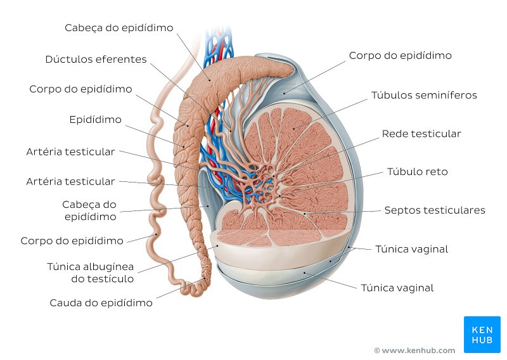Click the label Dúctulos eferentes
tap(96, 59)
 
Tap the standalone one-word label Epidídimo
tap(96, 120)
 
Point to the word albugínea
tap(108, 267)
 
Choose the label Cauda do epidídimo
tap(101, 303)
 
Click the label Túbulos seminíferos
tap(424, 95)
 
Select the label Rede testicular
tap(421, 134)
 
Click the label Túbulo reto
tap(417, 171)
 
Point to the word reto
tap(437, 172)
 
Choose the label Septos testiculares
tap(435, 210)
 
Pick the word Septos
tap(399, 210)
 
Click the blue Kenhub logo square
tap(482, 335)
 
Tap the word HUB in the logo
tap(482, 340)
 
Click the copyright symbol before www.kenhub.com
tap(377, 350)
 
